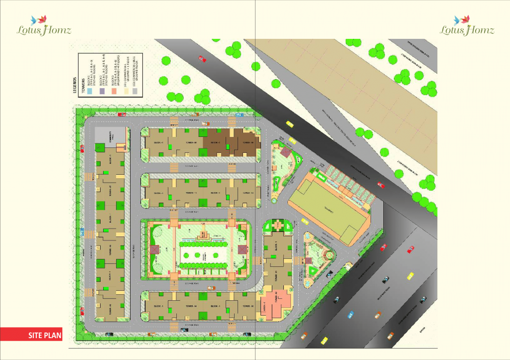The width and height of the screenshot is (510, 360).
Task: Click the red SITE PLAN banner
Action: pyautogui.click(x=31, y=336)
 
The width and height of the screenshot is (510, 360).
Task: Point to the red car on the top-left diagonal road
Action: pyautogui.click(x=202, y=59)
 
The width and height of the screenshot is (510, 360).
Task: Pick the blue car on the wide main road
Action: pyautogui.click(x=351, y=315)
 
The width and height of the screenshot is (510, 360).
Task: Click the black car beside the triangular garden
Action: pyautogui.click(x=329, y=273)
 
